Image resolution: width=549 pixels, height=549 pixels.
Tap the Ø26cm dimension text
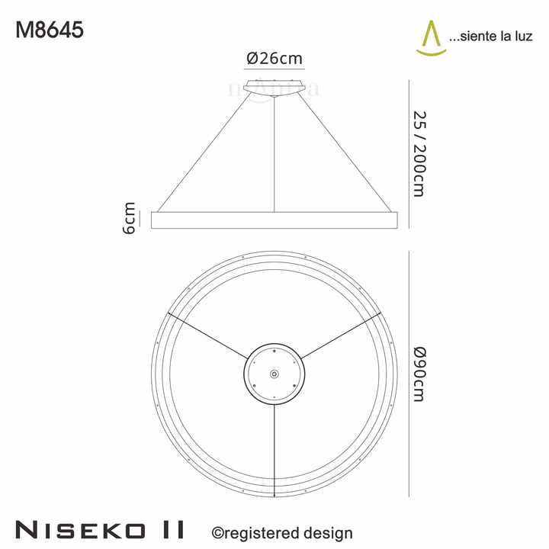[274, 59]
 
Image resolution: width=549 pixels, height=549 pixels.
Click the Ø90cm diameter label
[419, 373]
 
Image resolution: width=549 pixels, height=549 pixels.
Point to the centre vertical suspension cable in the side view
[274, 152]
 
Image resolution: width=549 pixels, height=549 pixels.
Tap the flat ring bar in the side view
[274, 220]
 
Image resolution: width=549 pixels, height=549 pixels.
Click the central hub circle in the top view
[274, 374]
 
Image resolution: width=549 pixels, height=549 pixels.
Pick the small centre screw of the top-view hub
[274, 374]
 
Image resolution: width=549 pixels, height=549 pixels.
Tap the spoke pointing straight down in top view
[274, 450]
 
